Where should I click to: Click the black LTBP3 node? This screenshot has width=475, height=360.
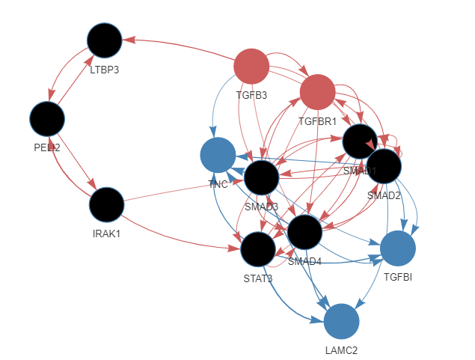tap(105, 41)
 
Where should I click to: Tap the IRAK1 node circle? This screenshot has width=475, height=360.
tap(106, 205)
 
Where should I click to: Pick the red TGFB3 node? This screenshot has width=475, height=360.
tap(251, 67)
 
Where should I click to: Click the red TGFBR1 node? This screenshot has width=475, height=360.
tap(317, 93)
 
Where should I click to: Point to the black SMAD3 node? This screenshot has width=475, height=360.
tap(261, 177)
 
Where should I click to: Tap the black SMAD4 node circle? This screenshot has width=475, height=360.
tap(304, 232)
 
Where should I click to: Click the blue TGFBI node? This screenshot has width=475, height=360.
tap(397, 248)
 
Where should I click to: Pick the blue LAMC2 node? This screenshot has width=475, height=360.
tap(341, 322)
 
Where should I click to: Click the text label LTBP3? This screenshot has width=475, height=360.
tap(105, 70)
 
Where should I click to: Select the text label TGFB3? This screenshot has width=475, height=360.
tap(251, 96)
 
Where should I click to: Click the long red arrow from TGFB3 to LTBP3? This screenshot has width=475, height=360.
tap(180, 43)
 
